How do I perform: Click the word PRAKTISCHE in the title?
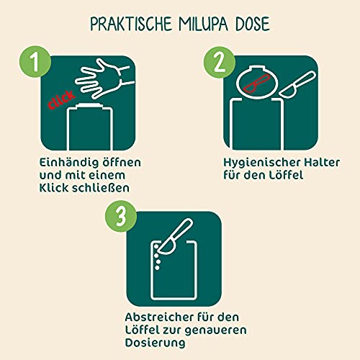[131, 24]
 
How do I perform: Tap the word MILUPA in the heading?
[203, 24]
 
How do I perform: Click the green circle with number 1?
[35, 62]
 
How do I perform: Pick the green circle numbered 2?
[220, 63]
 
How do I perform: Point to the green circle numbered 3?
[121, 216]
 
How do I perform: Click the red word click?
[62, 100]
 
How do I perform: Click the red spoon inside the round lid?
[256, 84]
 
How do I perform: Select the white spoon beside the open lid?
[297, 84]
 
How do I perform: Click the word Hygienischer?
[261, 163]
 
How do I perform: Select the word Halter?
[322, 163]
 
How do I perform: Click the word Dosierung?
[156, 343]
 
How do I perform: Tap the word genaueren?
[216, 331]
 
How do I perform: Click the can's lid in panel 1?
[89, 106]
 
